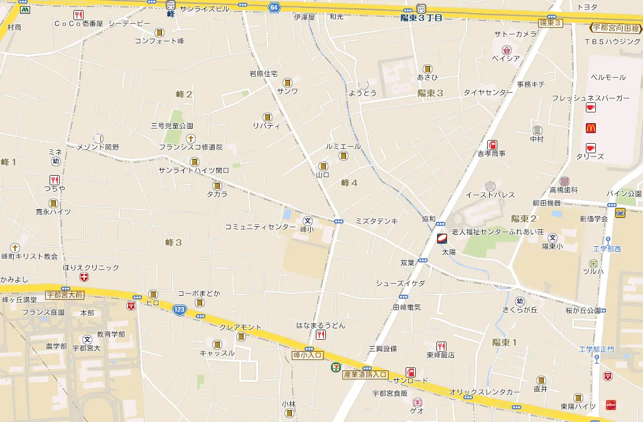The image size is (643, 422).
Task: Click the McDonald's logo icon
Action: coord(591,128)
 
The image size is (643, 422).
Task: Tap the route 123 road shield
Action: coord(180,310)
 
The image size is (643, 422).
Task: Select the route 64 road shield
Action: coord(274,7)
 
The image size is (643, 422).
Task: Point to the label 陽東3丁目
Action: coord(421,18)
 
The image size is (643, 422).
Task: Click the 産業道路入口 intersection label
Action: coord(365,374)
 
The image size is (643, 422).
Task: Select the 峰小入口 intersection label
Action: coord(308,355)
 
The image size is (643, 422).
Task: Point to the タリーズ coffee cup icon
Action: coord(591,148)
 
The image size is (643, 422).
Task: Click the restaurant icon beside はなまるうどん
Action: coord(320,335)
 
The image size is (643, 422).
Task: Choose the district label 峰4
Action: coord(349,183)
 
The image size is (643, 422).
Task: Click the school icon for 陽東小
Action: coord(553,237)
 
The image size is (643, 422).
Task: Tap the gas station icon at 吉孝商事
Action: coord(492,144)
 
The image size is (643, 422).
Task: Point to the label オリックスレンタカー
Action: coord(484,392)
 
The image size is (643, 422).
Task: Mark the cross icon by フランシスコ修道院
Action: coord(190,138)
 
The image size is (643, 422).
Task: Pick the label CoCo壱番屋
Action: coord(78,24)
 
